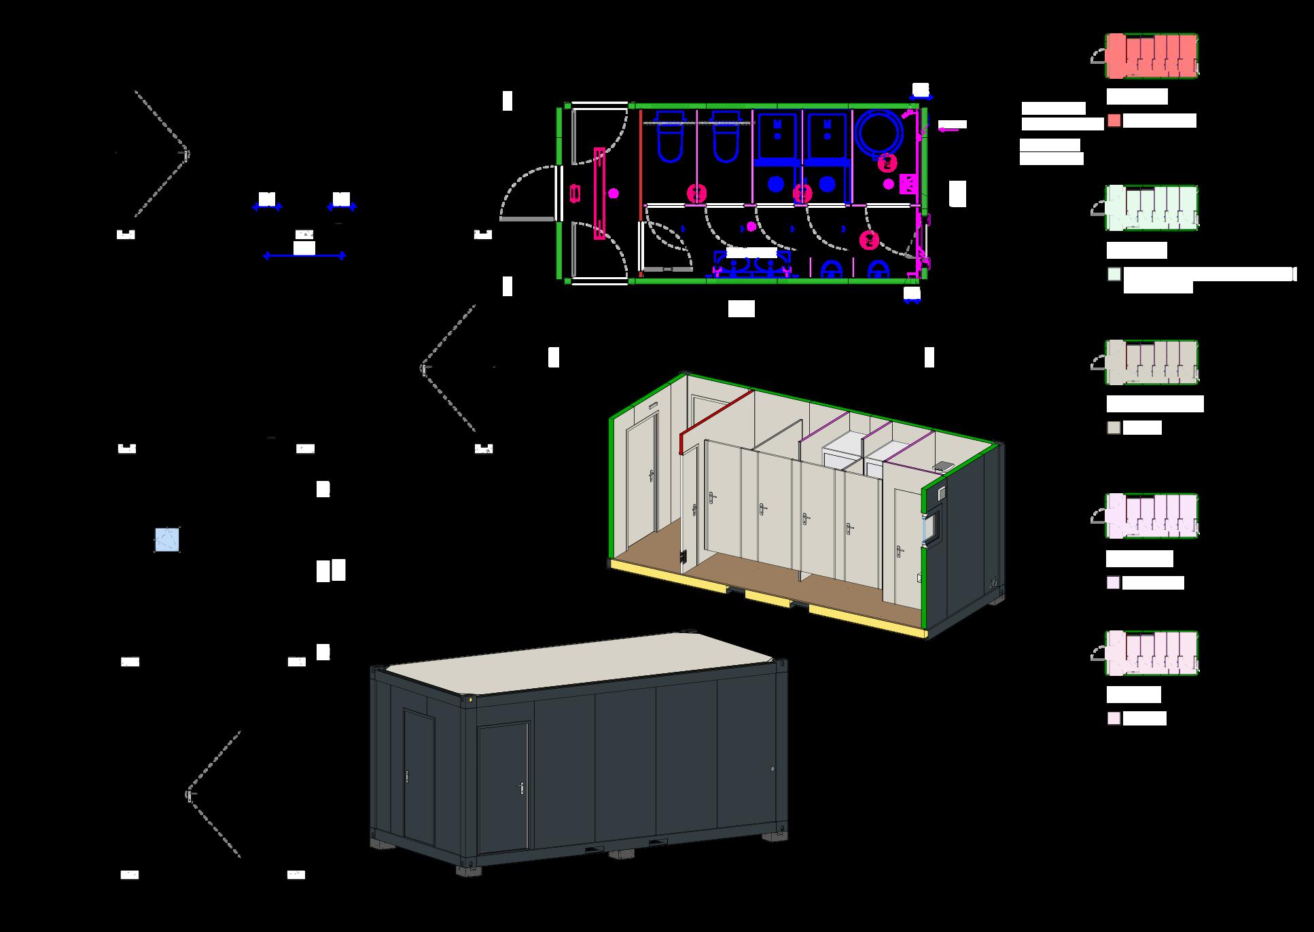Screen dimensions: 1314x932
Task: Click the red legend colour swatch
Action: (x=1114, y=121)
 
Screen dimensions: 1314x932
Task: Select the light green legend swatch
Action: (x=1114, y=274)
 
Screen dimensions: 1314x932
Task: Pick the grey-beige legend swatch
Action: (x=1114, y=428)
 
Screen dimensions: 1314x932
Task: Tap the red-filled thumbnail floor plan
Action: (x=1152, y=56)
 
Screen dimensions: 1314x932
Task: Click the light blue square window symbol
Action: (x=167, y=540)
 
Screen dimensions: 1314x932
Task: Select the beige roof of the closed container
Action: (x=578, y=662)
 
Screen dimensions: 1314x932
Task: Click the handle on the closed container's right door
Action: (x=521, y=788)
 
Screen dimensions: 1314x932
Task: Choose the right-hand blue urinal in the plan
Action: (x=878, y=270)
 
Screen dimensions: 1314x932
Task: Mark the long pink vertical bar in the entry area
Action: (x=599, y=194)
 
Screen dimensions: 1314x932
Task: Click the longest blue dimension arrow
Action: (x=304, y=256)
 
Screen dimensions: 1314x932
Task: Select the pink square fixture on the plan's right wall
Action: (x=908, y=184)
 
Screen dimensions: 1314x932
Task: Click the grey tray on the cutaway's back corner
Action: (x=944, y=466)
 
